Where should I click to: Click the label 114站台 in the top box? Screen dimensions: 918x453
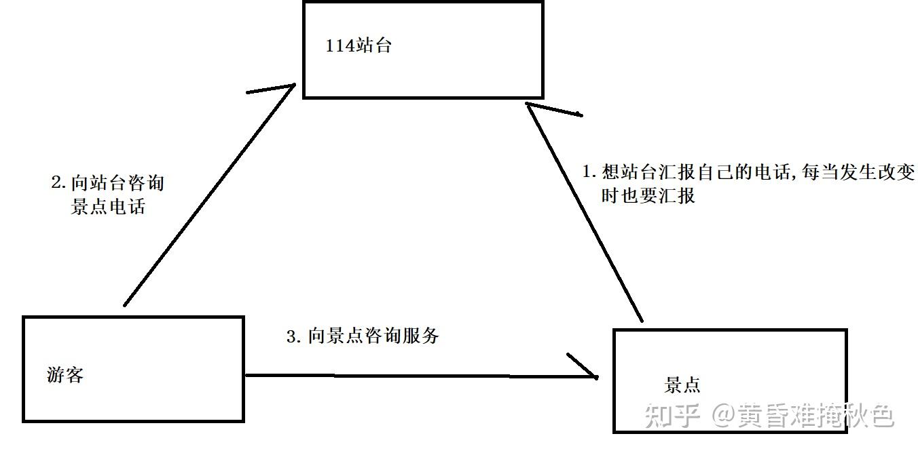click(359, 45)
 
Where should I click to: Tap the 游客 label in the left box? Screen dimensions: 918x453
click(65, 374)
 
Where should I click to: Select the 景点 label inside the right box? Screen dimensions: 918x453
click(682, 385)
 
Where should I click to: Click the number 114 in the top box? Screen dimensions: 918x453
click(339, 46)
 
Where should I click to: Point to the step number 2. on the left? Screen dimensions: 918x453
click(58, 182)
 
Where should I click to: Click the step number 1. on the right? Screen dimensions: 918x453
click(589, 172)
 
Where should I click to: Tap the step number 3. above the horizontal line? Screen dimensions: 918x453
click(294, 336)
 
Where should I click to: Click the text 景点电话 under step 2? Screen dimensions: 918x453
click(108, 206)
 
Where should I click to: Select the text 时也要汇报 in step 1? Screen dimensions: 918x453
click(648, 195)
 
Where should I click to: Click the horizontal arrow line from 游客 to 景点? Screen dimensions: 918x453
click(421, 376)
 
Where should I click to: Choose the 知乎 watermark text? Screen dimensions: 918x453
click(672, 415)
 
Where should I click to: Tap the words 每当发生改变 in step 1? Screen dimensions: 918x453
click(858, 172)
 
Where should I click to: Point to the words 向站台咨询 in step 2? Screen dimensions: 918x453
click(117, 183)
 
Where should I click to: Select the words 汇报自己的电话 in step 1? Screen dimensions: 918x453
click(724, 172)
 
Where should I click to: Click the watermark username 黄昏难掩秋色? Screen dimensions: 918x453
click(816, 416)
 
